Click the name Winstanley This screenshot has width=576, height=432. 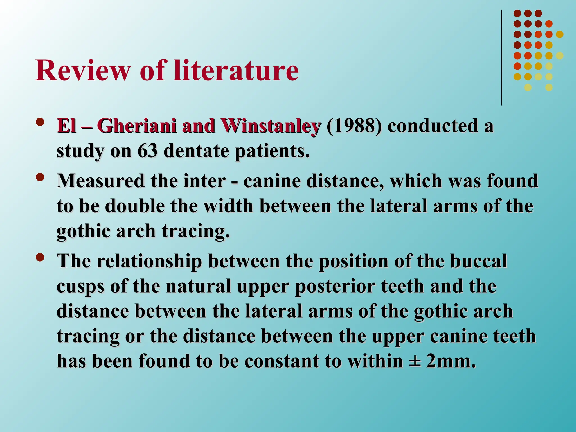point(270,126)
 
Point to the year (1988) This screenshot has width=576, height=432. point(354,126)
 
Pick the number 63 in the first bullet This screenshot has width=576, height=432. point(147,151)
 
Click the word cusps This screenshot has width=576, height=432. point(80,287)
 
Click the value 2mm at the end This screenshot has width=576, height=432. point(450,361)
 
